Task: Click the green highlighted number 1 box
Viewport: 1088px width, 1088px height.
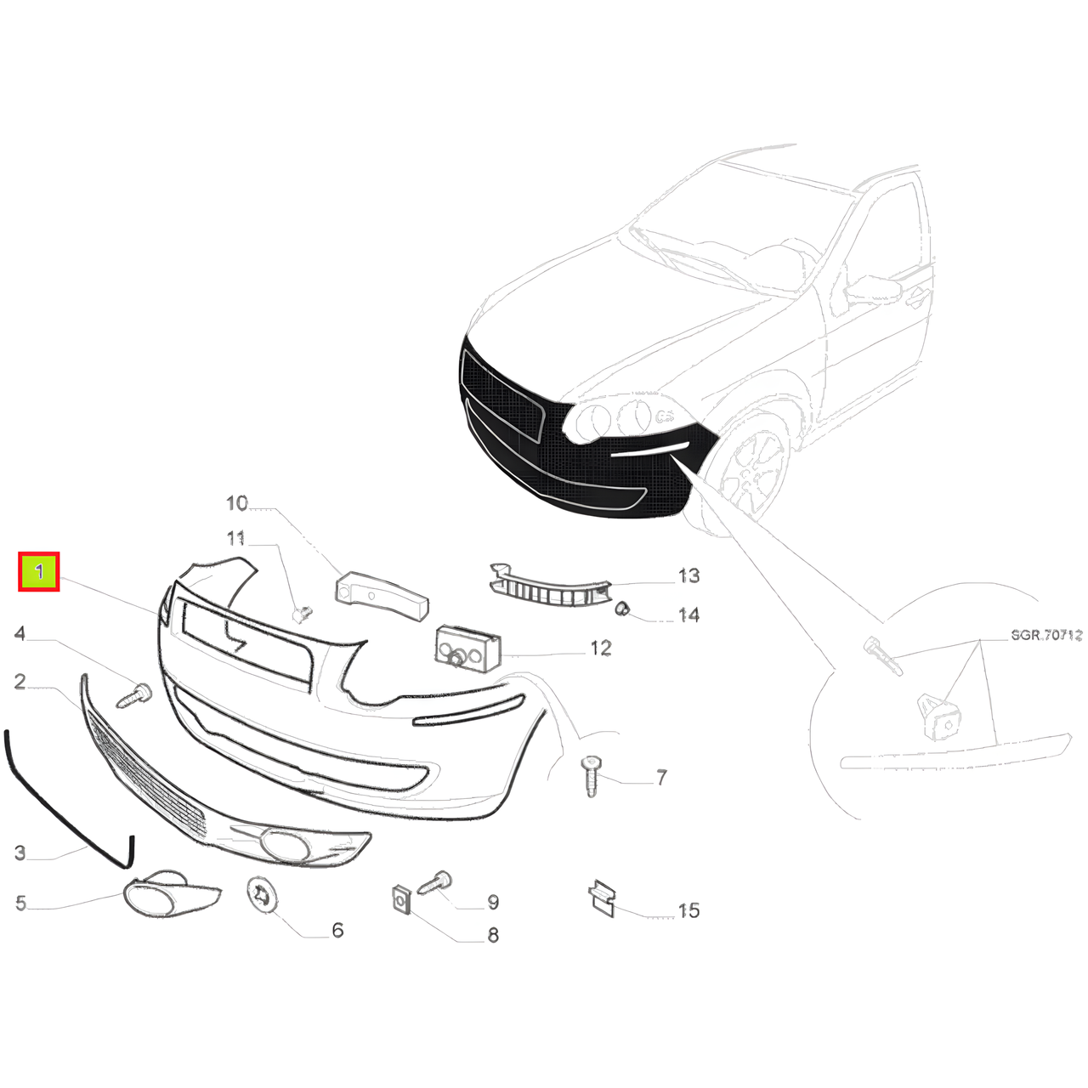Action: tap(38, 572)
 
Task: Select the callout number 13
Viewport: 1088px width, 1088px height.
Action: tap(688, 576)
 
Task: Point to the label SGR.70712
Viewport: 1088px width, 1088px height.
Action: tap(1046, 635)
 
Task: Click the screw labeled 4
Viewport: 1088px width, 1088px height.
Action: tap(134, 695)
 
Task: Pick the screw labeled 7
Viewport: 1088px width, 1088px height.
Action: tap(591, 777)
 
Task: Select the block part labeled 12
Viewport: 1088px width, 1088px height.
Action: tap(468, 650)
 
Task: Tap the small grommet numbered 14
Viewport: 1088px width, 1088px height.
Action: tap(623, 609)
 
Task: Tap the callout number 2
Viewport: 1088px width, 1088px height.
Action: tap(20, 681)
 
